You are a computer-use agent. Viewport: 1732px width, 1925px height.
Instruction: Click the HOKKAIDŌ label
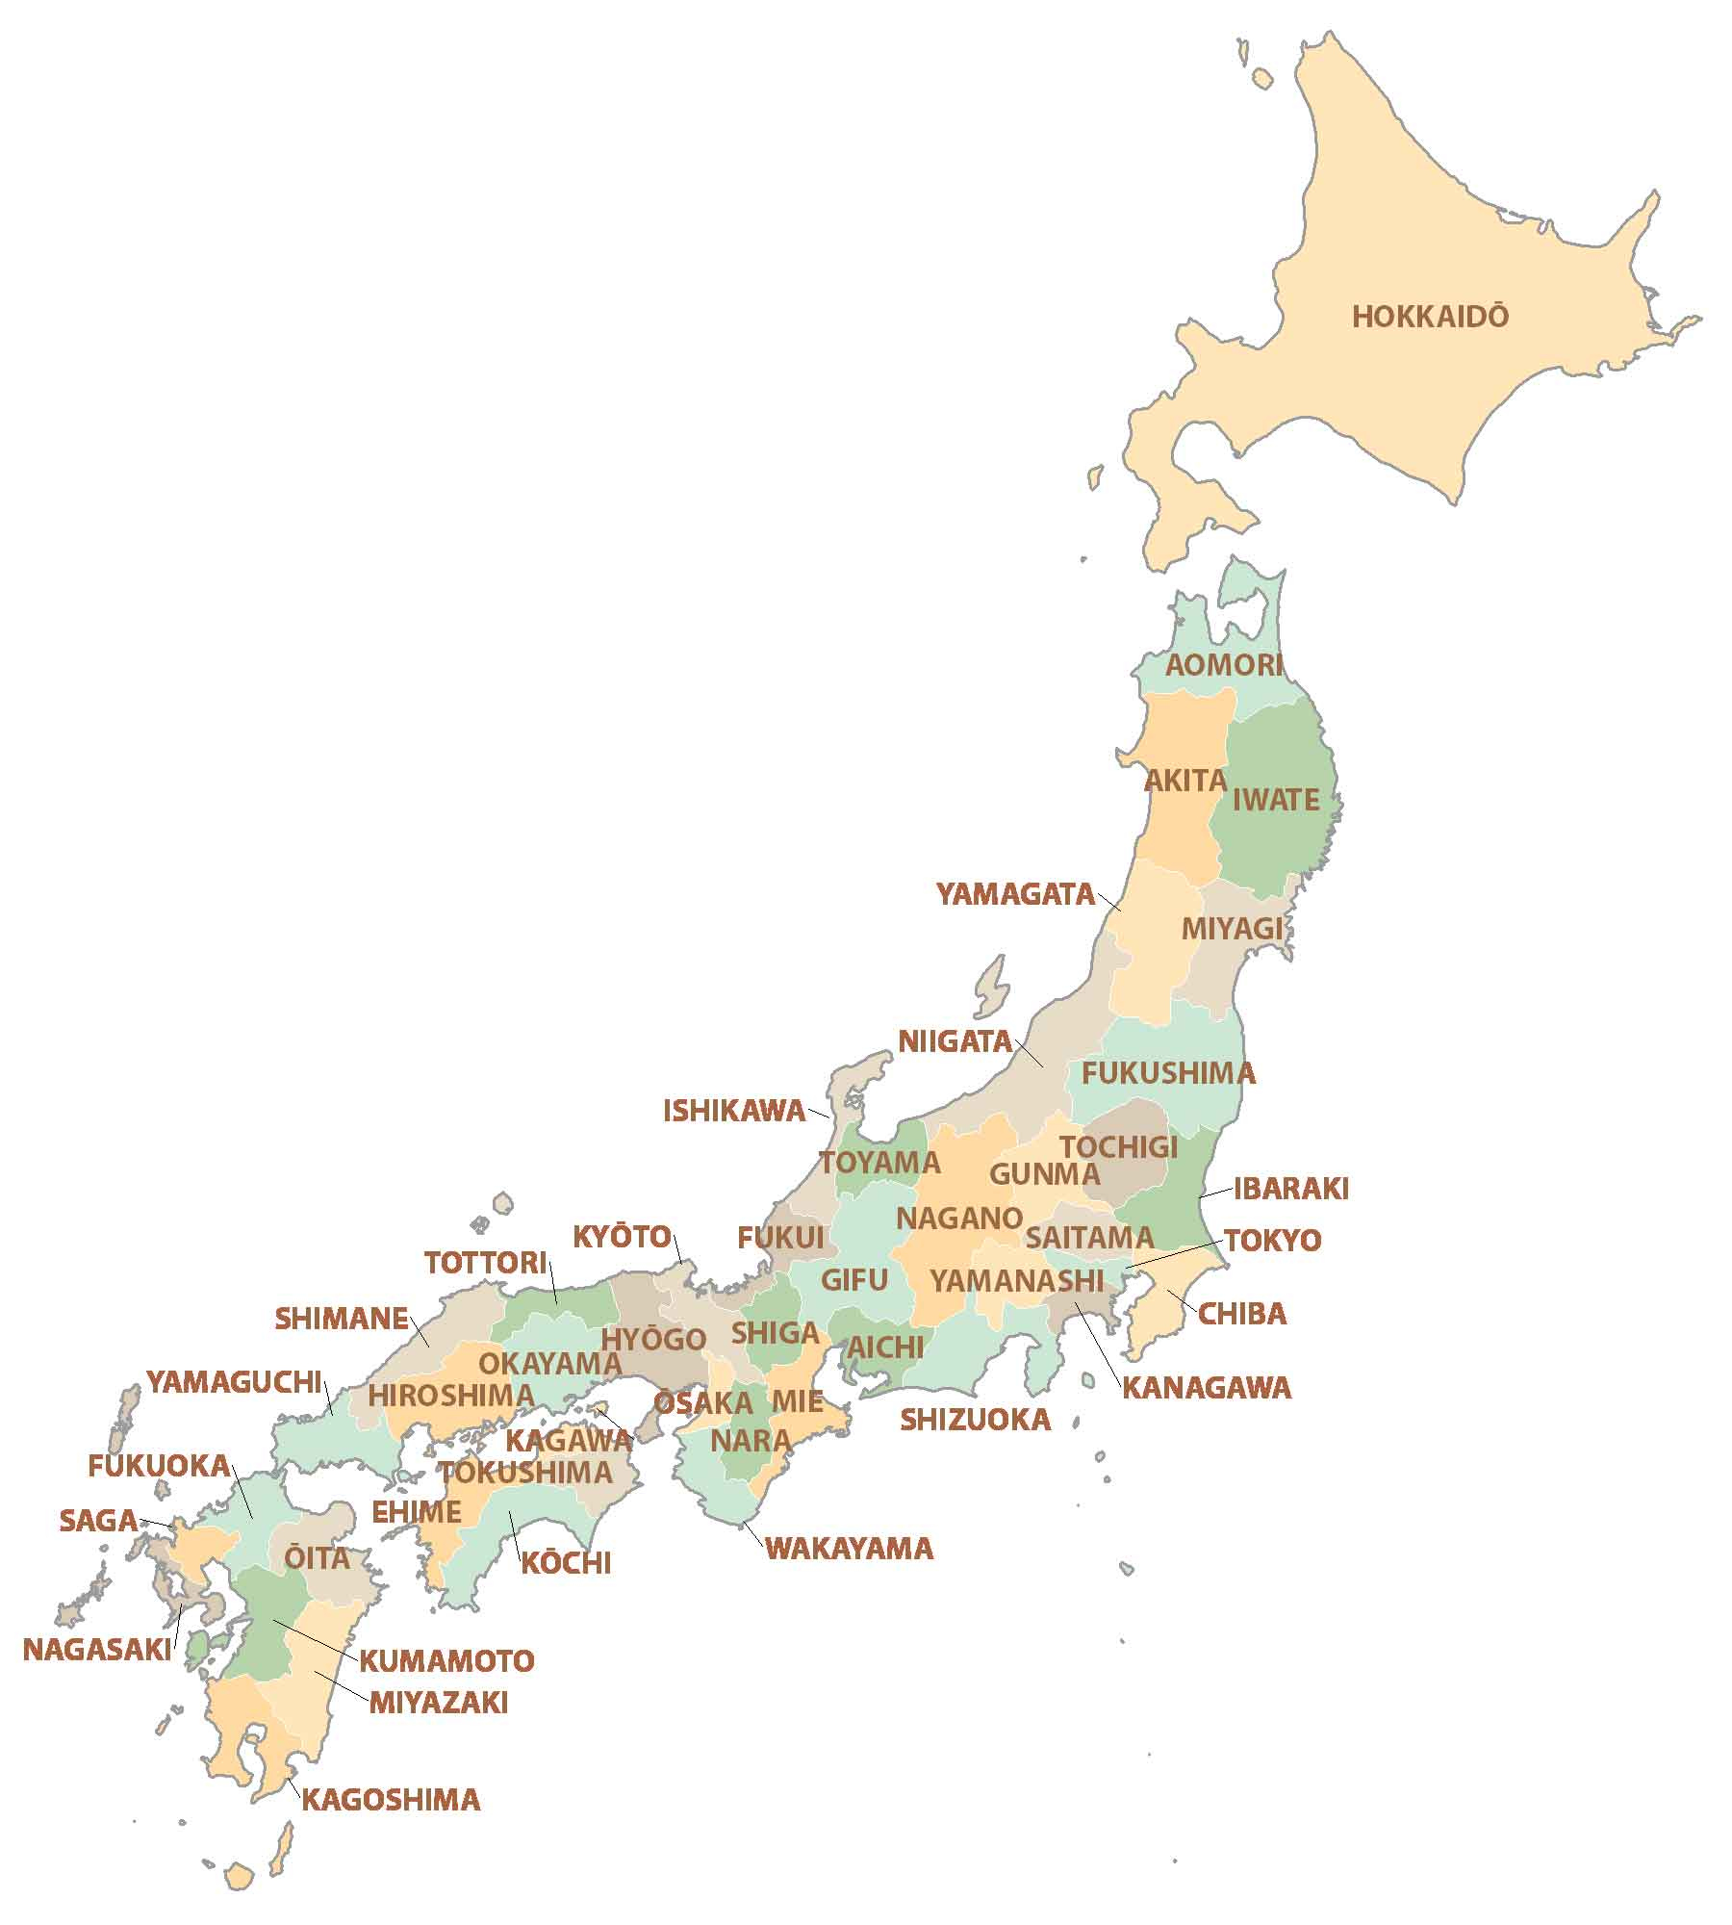coord(1430,317)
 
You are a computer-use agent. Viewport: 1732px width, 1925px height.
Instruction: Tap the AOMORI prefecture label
coord(1224,665)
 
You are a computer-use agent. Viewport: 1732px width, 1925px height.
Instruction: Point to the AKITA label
coord(1185,781)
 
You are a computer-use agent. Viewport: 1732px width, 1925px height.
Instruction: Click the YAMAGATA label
coord(1016,894)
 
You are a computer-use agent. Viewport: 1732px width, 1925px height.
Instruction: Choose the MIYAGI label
coord(1232,929)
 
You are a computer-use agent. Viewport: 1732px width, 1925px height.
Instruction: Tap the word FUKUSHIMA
coord(1168,1073)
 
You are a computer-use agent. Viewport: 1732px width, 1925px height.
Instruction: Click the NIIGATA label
coord(955,1041)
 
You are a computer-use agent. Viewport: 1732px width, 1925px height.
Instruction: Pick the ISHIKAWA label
coord(734,1112)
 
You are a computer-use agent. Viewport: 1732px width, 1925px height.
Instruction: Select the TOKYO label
coord(1273,1241)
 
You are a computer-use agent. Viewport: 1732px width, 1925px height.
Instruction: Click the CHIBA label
coord(1241,1314)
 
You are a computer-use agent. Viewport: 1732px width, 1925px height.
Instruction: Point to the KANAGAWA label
coord(1207,1388)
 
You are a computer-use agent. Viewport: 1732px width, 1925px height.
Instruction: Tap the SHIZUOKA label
coord(975,1420)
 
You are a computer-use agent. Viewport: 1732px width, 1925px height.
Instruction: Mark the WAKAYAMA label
coord(849,1549)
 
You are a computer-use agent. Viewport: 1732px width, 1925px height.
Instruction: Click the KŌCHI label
coord(566,1563)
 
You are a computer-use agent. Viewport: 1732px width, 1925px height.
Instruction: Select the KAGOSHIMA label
coord(391,1800)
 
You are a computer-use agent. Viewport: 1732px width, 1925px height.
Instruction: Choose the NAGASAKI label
coord(96,1650)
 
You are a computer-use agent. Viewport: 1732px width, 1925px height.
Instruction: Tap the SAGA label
coord(98,1521)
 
